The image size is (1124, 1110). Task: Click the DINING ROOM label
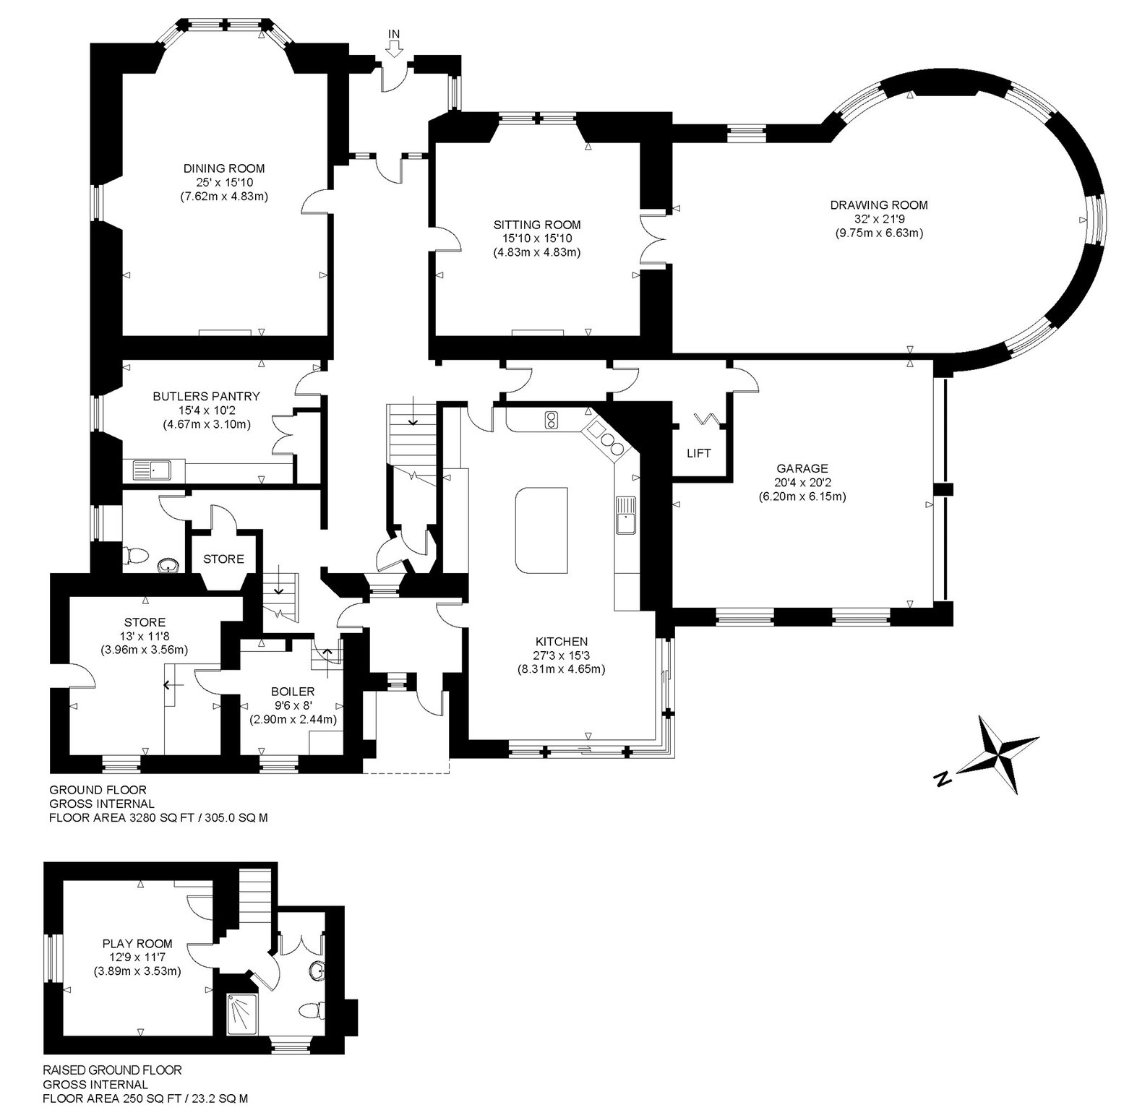click(x=224, y=169)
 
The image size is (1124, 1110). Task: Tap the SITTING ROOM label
click(x=537, y=225)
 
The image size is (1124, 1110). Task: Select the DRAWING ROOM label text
click(x=879, y=205)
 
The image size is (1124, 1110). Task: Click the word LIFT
click(x=699, y=454)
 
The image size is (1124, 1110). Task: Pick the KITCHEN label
click(x=562, y=642)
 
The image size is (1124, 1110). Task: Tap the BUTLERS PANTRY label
click(x=207, y=396)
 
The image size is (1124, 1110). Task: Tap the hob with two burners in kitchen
click(x=552, y=420)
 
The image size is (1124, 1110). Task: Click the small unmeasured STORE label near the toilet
click(x=223, y=559)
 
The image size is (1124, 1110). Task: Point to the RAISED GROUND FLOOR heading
click(x=112, y=1070)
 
